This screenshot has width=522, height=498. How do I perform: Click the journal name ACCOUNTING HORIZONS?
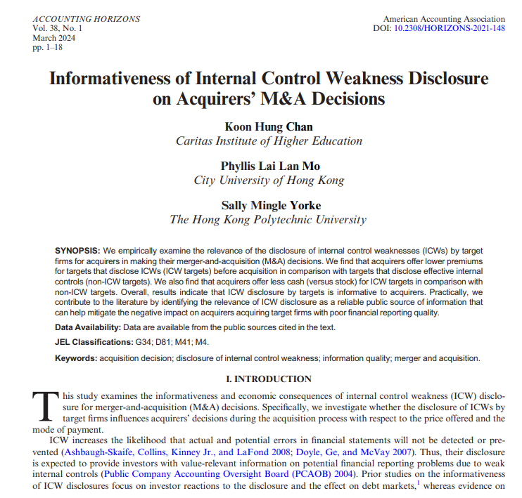(x=86, y=19)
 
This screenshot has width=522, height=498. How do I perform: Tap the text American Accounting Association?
(x=444, y=19)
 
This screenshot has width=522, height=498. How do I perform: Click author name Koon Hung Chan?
(x=269, y=126)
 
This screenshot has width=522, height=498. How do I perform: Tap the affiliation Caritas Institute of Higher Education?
(x=269, y=140)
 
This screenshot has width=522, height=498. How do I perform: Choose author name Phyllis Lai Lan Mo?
(x=269, y=166)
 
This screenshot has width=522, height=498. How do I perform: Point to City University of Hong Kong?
(x=269, y=180)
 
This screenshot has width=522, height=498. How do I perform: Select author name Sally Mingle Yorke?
(x=269, y=205)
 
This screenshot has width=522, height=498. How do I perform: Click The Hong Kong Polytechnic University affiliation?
(x=269, y=219)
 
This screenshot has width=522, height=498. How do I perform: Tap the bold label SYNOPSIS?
(x=77, y=251)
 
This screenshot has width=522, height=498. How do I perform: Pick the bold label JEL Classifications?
(x=94, y=343)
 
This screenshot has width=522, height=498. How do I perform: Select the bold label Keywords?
(x=76, y=358)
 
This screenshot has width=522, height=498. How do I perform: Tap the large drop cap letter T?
(x=44, y=405)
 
